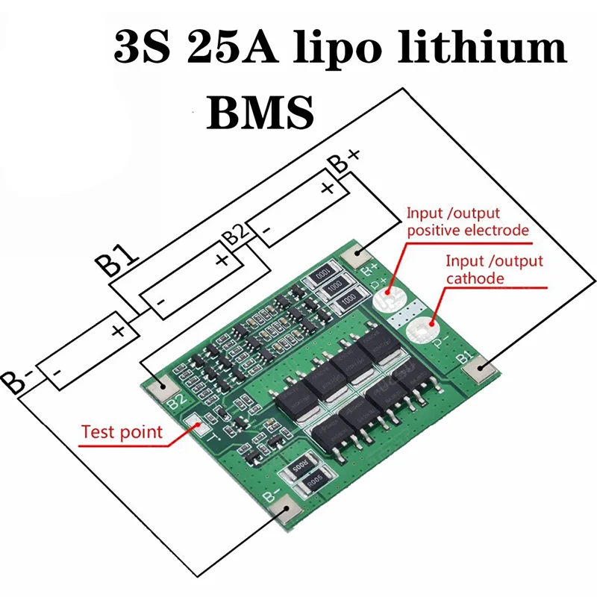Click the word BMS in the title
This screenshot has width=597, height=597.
point(259,112)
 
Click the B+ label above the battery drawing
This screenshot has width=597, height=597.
point(346,160)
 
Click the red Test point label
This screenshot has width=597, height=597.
point(121,431)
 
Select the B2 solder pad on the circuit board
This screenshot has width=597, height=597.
point(157,384)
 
